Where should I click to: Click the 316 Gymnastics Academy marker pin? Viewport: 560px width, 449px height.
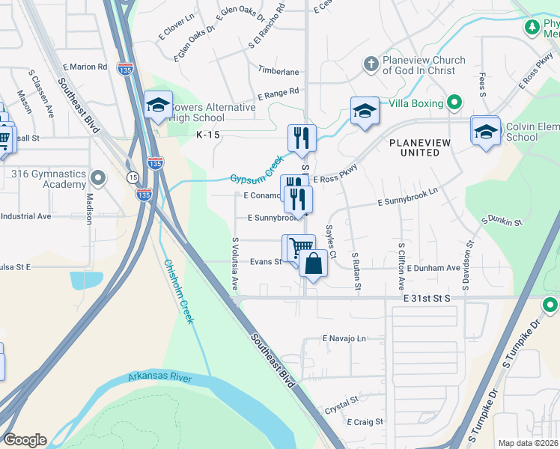99,178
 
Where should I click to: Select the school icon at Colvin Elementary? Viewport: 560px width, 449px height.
485,130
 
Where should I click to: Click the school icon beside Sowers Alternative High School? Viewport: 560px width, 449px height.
159,106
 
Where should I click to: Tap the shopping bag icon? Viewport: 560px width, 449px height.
313,264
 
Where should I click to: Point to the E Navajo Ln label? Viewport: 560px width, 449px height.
344,339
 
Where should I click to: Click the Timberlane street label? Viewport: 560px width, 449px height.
279,72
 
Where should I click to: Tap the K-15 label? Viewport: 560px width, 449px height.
210,135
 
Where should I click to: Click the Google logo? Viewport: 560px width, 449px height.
25,440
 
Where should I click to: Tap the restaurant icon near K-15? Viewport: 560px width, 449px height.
302,137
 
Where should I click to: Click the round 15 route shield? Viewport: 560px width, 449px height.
133,177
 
